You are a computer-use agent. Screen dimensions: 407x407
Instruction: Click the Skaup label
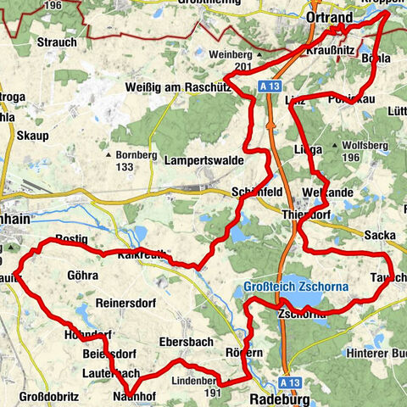click(32, 135)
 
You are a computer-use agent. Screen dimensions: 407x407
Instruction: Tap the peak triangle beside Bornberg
click(109, 155)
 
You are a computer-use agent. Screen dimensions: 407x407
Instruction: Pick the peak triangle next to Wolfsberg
click(348, 145)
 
